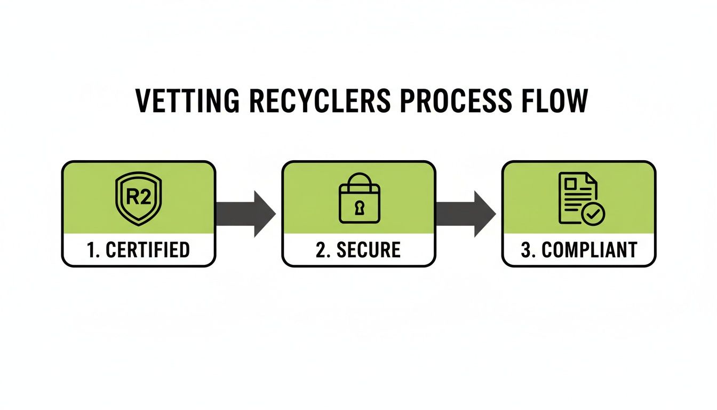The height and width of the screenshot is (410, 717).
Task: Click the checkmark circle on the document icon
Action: point(593,214)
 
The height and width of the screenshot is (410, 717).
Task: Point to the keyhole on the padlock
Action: point(359,206)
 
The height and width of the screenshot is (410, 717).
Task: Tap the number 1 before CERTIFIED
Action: point(91,250)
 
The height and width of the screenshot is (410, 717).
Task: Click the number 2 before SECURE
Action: point(321,250)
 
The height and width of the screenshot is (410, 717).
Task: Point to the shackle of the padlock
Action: point(359,178)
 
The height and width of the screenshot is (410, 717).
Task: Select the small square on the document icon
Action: point(570,184)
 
